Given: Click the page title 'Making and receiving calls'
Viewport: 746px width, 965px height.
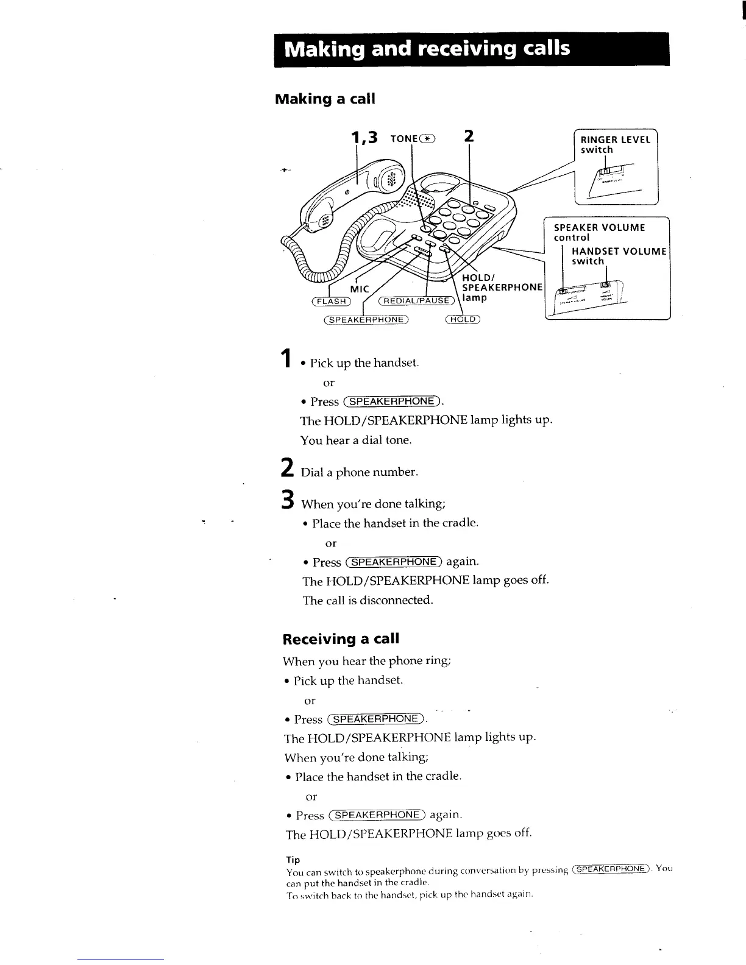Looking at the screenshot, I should pos(428,49).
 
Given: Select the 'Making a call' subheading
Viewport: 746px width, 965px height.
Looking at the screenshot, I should pos(325,99).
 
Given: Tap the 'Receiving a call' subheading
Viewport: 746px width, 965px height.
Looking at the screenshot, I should pos(341,639).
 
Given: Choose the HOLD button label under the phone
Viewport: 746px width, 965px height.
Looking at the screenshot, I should pos(463,319).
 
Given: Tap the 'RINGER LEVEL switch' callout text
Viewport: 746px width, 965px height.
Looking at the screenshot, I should pos(615,144).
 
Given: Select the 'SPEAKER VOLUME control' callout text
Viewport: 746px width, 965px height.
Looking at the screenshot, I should pos(599,232).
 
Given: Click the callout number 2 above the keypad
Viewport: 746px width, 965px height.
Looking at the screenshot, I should pos(469,136).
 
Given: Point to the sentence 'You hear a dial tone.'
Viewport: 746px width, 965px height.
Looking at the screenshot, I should pos(356,440).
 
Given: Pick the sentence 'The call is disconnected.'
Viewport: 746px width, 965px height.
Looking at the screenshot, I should pos(368,601).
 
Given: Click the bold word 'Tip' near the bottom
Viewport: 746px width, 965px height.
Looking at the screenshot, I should pos(293,860).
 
